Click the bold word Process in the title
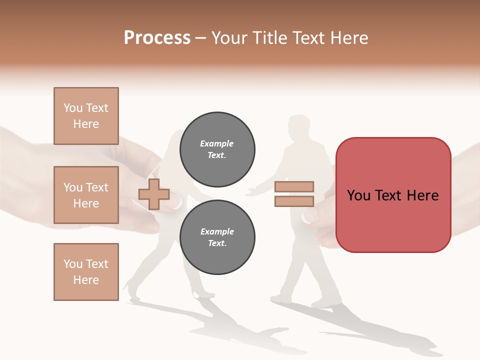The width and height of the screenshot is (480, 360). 157,38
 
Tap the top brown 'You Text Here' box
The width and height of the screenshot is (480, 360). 86,116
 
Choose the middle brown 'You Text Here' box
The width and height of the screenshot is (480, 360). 86,195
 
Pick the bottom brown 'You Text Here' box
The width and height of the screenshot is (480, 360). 86,272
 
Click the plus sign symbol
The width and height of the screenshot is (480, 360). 154,194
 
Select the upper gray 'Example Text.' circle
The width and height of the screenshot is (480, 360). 217,149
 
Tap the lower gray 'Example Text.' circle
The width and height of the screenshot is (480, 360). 217,237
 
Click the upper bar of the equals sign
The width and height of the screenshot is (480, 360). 294,186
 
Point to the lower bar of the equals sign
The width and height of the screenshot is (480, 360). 294,201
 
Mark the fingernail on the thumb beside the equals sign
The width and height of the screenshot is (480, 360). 310,216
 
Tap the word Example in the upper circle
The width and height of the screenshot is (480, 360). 217,143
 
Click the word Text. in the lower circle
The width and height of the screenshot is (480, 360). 217,243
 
